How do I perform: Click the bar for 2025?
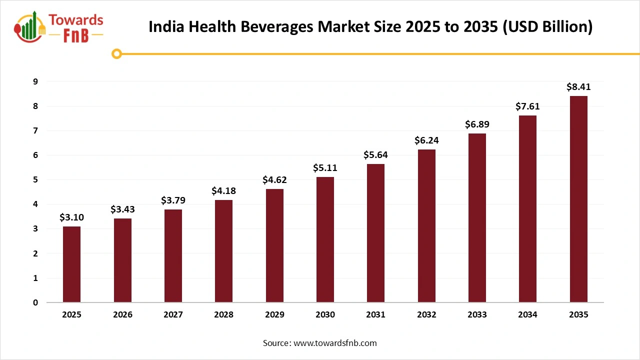point(71,264)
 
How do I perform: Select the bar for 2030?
point(325,239)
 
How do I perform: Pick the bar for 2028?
point(223,251)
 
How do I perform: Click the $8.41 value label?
point(578,87)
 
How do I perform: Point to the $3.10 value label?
point(71,217)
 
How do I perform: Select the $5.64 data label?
point(375,155)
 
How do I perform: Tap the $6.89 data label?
point(477,124)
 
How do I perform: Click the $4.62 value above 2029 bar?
point(274,180)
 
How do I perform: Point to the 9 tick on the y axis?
point(35,81)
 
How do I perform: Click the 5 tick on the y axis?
point(35,179)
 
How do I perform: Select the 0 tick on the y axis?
point(35,302)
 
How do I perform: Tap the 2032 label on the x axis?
point(426,315)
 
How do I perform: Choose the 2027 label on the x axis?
point(173,315)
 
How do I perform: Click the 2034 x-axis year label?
point(527,315)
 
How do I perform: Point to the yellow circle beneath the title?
point(117,53)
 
